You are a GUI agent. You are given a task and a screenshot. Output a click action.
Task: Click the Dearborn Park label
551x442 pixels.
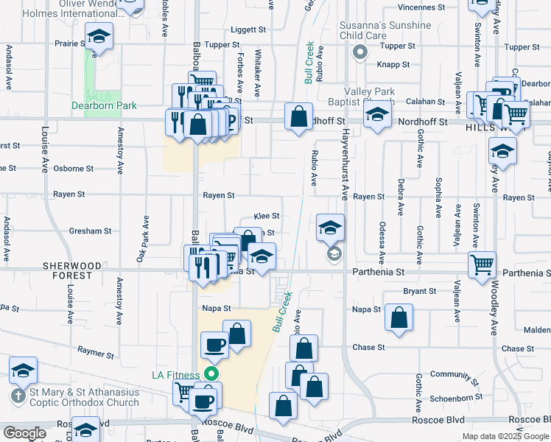pos(104,105)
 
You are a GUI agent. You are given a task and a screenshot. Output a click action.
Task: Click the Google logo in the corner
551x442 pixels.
pos(24,433)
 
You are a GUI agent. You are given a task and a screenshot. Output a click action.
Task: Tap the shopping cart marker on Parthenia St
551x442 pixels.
pos(482,263)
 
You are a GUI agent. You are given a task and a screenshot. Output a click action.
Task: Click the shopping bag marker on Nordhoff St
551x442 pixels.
pos(298,116)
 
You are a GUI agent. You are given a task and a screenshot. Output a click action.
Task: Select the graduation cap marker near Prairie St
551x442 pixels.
pos(98,36)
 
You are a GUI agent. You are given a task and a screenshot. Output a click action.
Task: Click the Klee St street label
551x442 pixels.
pos(266,216)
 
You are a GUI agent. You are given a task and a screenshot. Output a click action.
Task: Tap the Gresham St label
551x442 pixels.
pos(90,231)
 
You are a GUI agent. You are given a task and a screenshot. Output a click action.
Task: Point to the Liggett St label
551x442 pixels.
pos(248,30)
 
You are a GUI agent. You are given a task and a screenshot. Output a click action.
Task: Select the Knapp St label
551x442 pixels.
pos(393,65)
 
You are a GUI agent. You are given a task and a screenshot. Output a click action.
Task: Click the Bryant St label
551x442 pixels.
pos(420,292)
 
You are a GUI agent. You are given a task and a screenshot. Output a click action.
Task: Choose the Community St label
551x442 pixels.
pos(455,374)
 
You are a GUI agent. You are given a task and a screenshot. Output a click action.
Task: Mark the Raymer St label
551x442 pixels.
pos(96,354)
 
